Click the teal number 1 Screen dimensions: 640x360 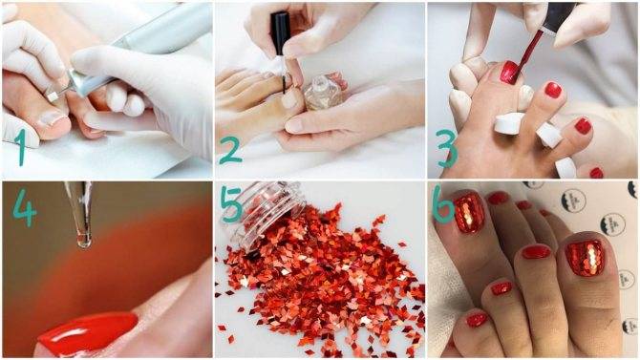tap(20, 147)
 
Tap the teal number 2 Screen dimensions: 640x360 tap(231, 150)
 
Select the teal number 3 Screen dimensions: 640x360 tap(447, 149)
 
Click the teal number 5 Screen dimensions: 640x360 tap(231, 204)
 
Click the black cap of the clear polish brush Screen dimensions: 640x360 tap(280, 33)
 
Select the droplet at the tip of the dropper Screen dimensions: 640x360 tap(84, 241)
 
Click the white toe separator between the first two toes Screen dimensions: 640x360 tap(508, 123)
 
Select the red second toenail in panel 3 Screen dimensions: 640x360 tap(553, 90)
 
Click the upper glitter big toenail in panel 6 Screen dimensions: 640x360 tap(469, 214)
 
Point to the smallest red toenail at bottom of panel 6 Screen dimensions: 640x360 tap(476, 319)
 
